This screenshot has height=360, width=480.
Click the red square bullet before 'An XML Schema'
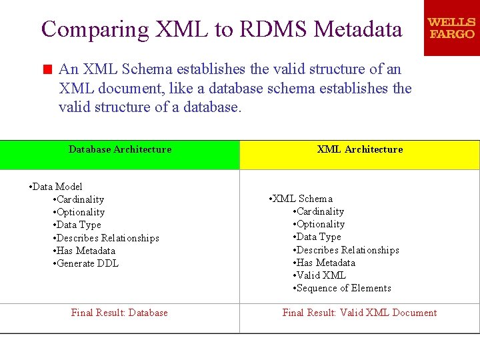coord(47,69)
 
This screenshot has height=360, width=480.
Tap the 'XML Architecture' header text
coord(360,150)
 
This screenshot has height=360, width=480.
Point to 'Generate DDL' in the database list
coord(87,263)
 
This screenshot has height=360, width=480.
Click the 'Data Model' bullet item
coord(58,187)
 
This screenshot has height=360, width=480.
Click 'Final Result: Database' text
coord(119,313)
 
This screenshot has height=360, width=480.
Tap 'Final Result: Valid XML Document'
coord(359,313)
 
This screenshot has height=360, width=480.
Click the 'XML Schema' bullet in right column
coord(303,199)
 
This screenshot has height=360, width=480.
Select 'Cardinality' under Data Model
coord(80,199)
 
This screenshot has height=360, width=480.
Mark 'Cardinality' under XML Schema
coord(320,211)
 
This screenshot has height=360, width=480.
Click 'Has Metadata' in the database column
coord(86,251)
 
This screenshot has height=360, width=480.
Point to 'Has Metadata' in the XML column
coord(326,263)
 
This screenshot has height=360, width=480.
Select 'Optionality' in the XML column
coord(321,224)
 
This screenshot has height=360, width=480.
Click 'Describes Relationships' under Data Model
coord(107,238)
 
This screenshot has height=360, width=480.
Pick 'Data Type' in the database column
coord(79,225)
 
